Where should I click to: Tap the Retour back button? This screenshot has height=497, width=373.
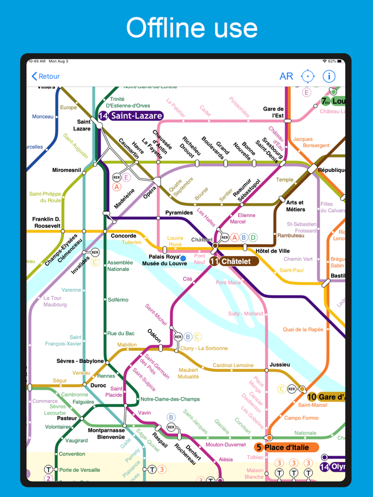46,77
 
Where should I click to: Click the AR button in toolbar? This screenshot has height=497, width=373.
286,76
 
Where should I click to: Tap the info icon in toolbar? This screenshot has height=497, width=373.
329,76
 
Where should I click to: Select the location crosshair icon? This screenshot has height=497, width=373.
308,76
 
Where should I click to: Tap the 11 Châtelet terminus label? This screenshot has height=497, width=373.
233,261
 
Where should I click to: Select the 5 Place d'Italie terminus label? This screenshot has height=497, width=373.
286,447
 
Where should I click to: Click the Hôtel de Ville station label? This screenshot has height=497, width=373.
272,251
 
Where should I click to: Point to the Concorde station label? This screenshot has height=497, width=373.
123,236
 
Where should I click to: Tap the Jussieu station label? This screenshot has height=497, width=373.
280,365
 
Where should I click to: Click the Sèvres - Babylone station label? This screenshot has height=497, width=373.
80,361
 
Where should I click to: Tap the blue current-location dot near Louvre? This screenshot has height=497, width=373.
183,258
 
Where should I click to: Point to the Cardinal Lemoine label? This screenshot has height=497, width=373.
233,365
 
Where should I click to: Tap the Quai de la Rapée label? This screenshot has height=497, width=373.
303,329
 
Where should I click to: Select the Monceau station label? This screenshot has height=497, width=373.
43,117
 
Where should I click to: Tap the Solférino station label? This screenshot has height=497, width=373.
118,300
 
